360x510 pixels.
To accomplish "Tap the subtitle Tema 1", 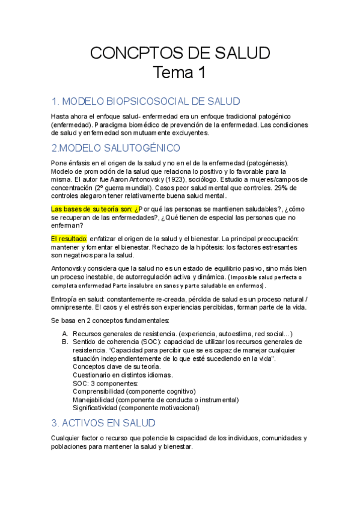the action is click(x=180, y=73).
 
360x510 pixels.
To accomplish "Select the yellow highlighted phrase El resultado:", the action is click(x=69, y=239).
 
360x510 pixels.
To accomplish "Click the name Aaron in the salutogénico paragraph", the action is click(x=133, y=179).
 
